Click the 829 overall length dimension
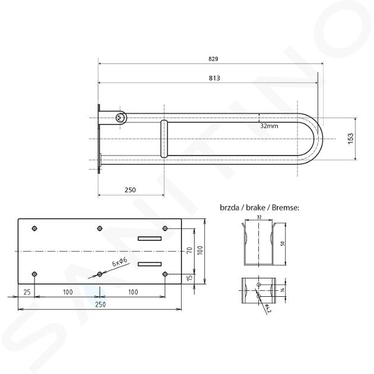point(213,59)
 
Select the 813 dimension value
point(214,78)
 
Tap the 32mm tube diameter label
point(269,126)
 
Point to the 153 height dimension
point(351,138)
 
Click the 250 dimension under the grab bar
point(130,190)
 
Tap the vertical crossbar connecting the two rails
point(164,139)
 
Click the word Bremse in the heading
point(286,208)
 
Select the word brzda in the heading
point(230,208)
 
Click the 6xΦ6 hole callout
point(120,262)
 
